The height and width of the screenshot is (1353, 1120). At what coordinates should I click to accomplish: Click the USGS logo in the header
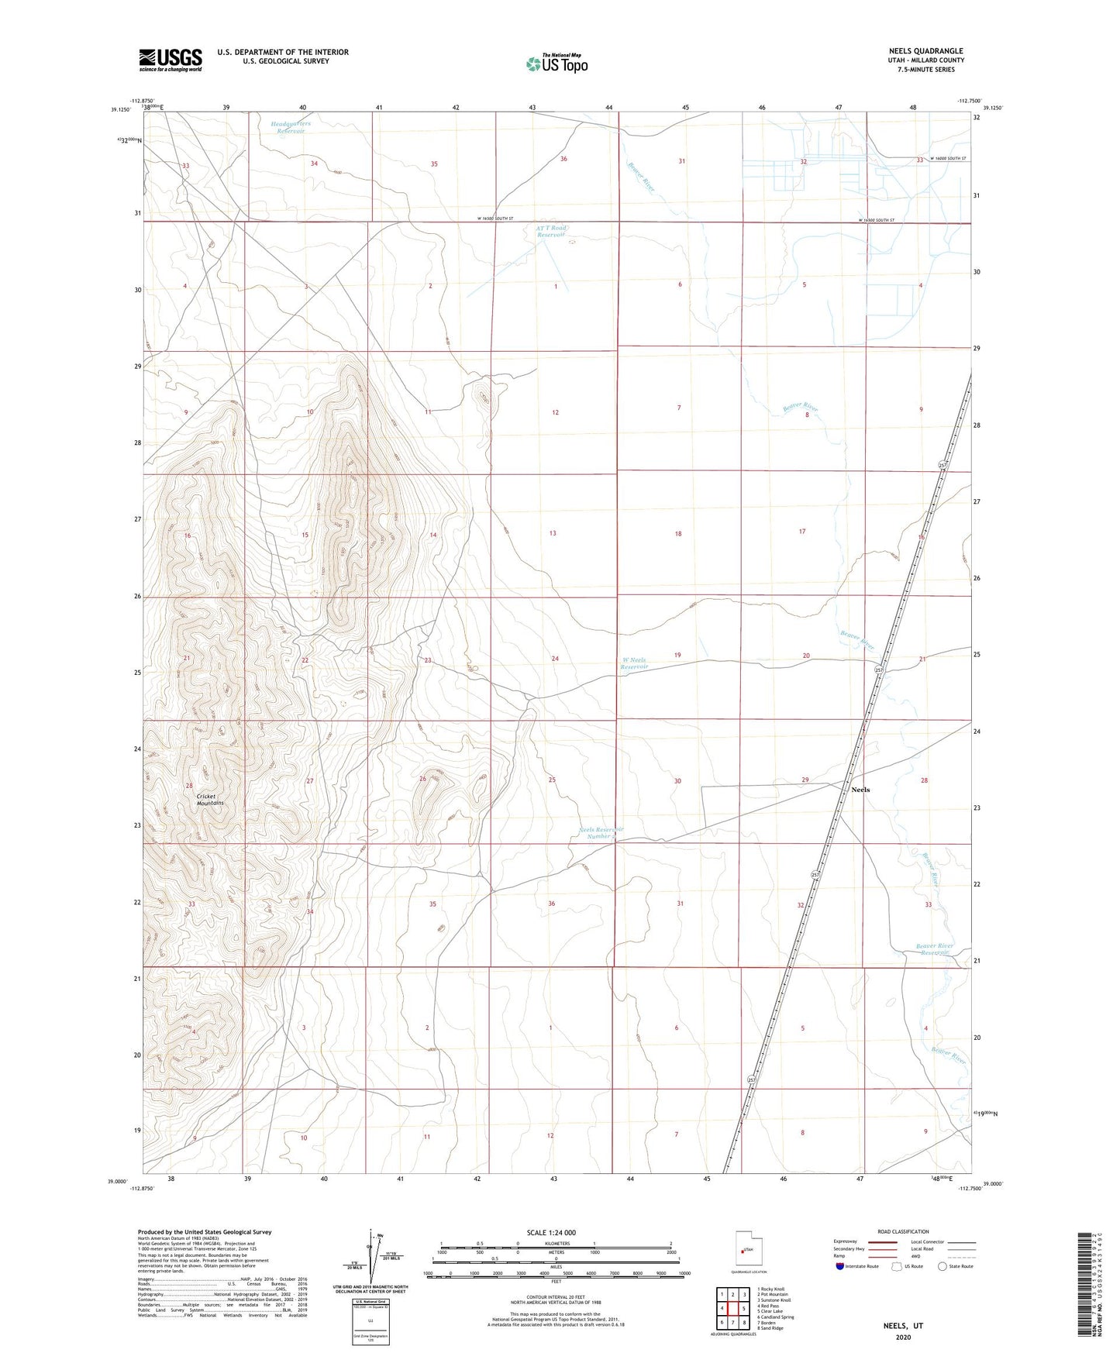click(171, 60)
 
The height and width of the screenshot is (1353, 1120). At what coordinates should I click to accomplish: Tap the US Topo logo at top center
click(557, 64)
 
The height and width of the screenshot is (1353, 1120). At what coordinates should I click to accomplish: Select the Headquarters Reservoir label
click(291, 127)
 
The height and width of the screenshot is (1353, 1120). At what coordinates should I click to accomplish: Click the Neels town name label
click(860, 790)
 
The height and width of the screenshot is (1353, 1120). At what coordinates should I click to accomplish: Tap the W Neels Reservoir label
click(634, 663)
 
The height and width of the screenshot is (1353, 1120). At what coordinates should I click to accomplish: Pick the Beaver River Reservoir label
click(933, 949)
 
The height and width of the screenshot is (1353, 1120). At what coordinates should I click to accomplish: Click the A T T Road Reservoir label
click(552, 231)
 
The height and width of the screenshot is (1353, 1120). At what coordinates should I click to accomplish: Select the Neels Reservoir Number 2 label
click(601, 833)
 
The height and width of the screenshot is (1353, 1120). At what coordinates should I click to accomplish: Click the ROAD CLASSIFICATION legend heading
click(903, 1231)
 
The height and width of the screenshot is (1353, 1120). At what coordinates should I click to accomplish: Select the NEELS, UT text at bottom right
click(903, 1326)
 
